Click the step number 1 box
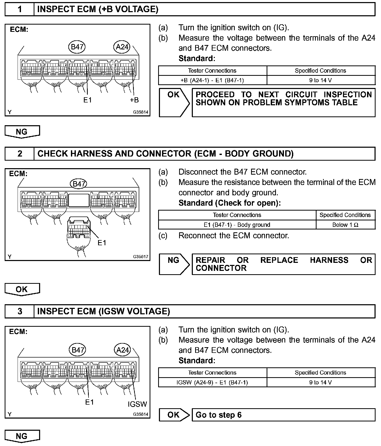20,10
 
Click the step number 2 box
20,154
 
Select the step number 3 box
20,311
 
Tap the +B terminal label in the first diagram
134,100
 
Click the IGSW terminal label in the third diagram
137,404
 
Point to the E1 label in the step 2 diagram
102,243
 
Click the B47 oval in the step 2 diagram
78,184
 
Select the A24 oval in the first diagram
122,47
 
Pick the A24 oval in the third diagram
122,350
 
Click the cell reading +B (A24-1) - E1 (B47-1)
212,80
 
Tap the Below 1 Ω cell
345,225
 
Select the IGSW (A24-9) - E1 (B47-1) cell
212,382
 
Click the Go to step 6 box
283,415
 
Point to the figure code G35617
141,257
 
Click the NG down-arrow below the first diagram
22,132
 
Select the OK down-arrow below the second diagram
22,289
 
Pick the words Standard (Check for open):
229,203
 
